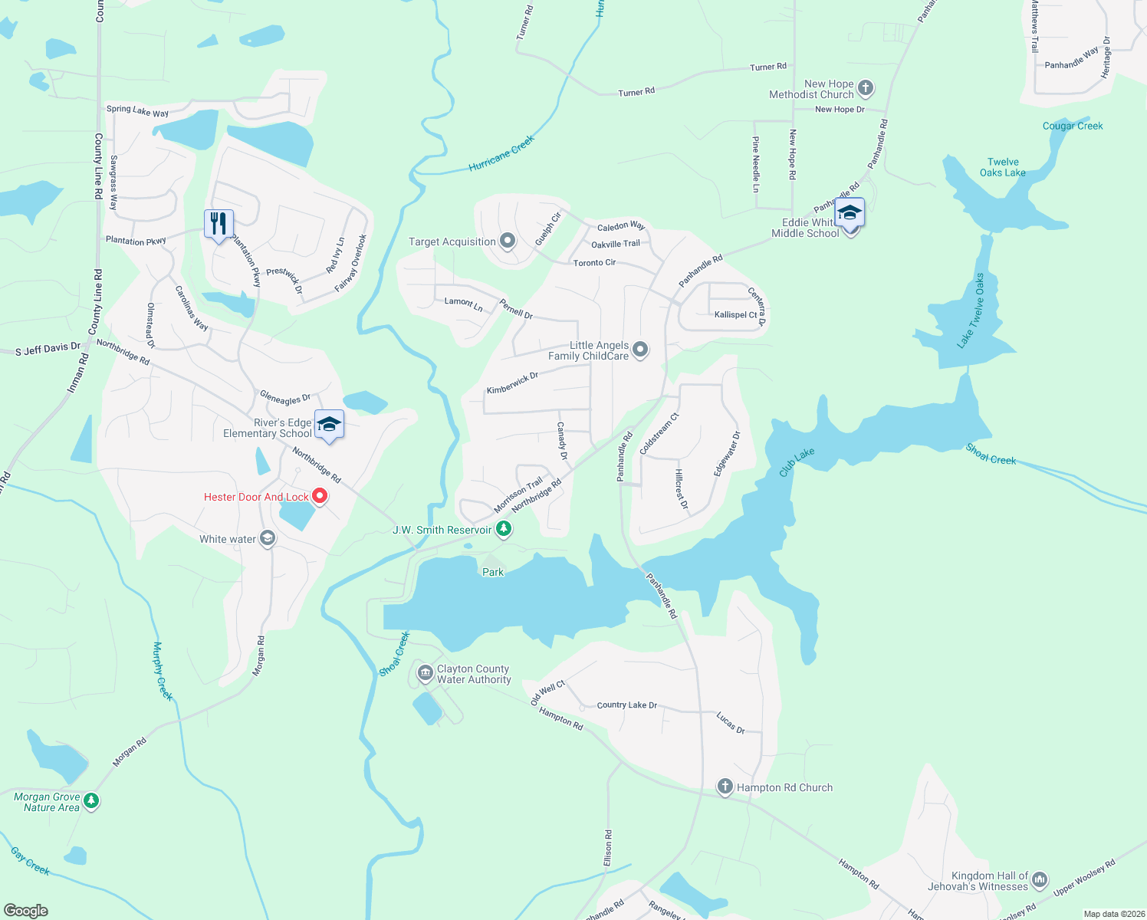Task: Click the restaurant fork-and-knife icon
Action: (219, 224)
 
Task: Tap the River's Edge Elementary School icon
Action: (329, 425)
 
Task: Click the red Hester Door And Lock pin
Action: (320, 497)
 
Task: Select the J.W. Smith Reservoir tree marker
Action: (504, 529)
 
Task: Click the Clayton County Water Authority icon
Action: (425, 673)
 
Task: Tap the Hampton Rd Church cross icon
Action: (725, 787)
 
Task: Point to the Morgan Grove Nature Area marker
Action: (91, 801)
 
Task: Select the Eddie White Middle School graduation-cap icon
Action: (850, 213)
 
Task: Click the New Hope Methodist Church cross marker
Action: (866, 88)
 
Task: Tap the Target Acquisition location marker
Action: (508, 242)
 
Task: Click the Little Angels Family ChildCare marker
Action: (640, 350)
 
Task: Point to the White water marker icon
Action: (268, 538)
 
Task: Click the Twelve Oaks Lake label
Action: (1003, 167)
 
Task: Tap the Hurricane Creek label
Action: (501, 154)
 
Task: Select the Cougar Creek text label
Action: (1073, 126)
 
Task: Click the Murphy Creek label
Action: (163, 671)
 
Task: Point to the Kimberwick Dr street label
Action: (512, 383)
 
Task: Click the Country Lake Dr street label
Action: (626, 705)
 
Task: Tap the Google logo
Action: (26, 910)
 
